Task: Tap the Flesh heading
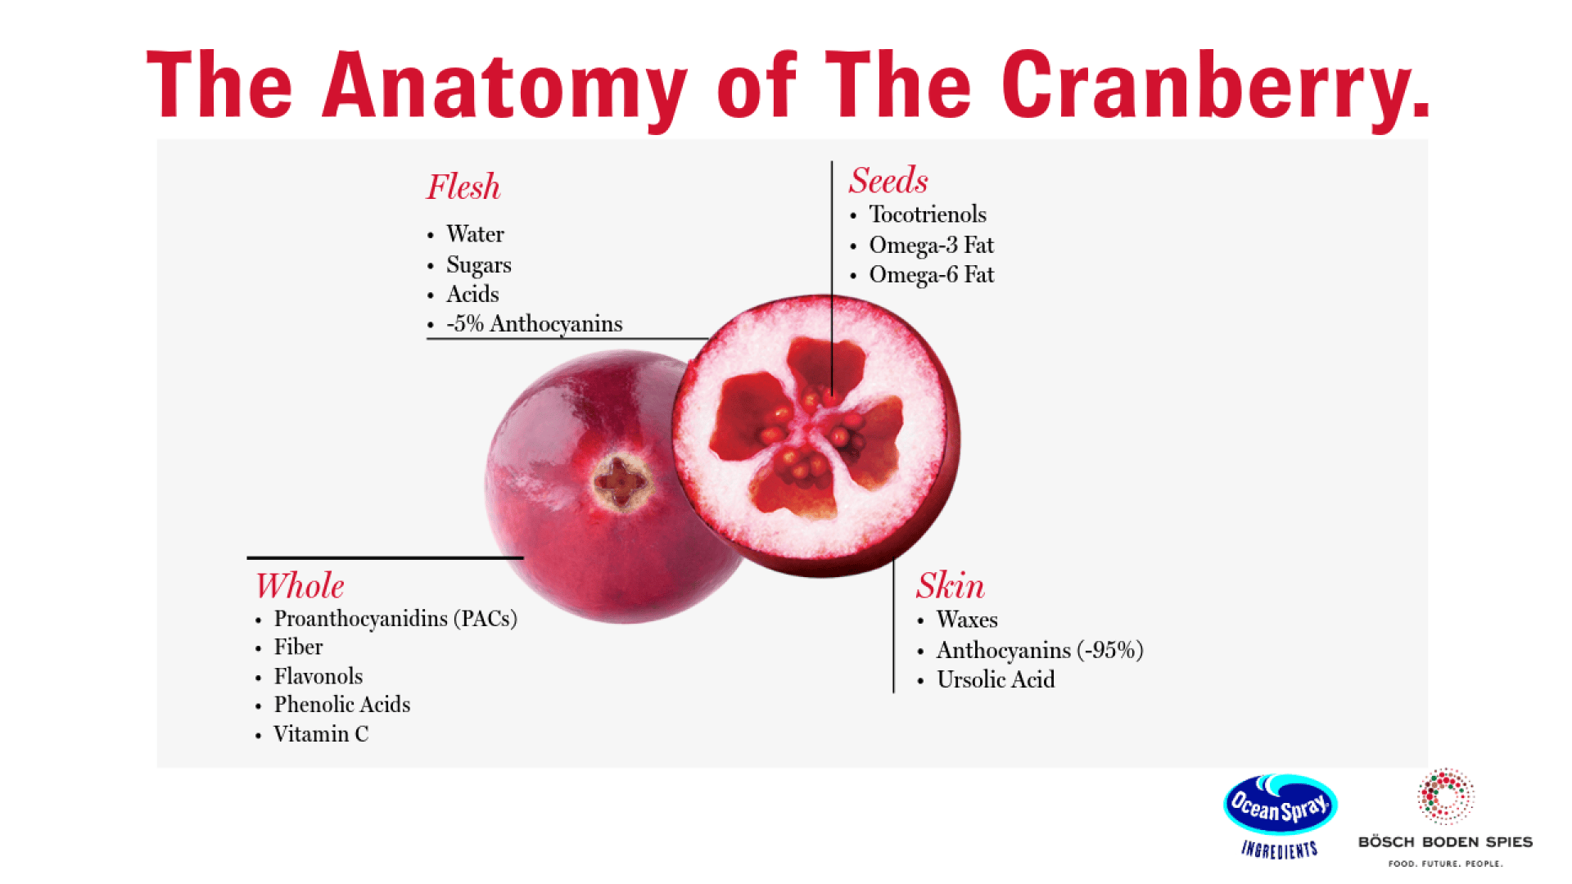(463, 187)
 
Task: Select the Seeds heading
(888, 181)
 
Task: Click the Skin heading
(950, 586)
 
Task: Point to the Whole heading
(300, 586)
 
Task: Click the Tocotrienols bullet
(927, 214)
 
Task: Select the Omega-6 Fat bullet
(931, 275)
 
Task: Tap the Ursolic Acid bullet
(995, 680)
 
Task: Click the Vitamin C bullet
(321, 734)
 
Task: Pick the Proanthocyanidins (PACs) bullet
(395, 619)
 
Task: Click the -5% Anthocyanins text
(534, 324)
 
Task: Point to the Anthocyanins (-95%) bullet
(1039, 651)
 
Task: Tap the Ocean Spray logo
(1280, 806)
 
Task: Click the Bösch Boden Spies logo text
(1445, 842)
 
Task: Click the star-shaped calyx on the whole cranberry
(621, 482)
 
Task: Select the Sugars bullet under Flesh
(478, 265)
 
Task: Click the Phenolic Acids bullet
(341, 705)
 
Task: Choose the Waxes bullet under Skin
(966, 620)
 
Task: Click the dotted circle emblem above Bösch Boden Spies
(1445, 796)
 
